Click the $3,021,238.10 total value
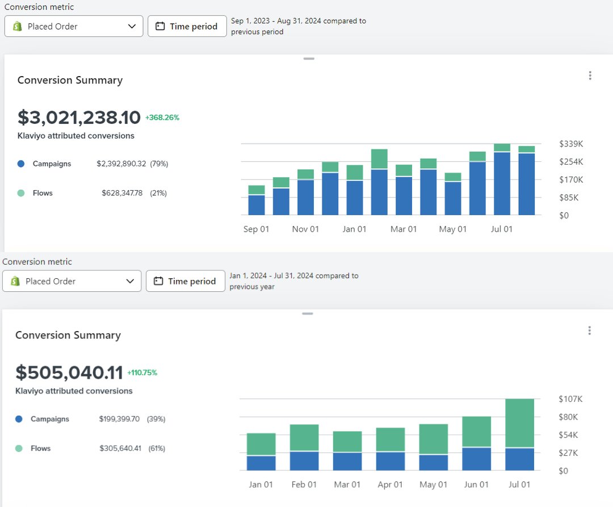(79, 118)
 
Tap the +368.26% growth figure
(162, 118)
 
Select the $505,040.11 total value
(69, 372)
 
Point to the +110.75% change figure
(142, 373)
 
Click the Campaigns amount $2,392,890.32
(121, 164)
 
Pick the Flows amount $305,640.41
(120, 448)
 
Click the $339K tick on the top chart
(571, 144)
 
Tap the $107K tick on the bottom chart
(570, 399)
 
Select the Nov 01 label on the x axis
(305, 229)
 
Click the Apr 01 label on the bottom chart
(390, 485)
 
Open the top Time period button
(187, 26)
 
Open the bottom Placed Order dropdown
(72, 281)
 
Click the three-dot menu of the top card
(590, 76)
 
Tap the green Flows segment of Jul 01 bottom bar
(519, 423)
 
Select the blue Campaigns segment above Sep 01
(257, 205)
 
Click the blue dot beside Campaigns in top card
(21, 164)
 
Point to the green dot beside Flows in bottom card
(19, 449)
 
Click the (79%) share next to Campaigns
(159, 164)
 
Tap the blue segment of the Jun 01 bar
(476, 459)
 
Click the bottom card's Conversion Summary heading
(68, 335)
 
